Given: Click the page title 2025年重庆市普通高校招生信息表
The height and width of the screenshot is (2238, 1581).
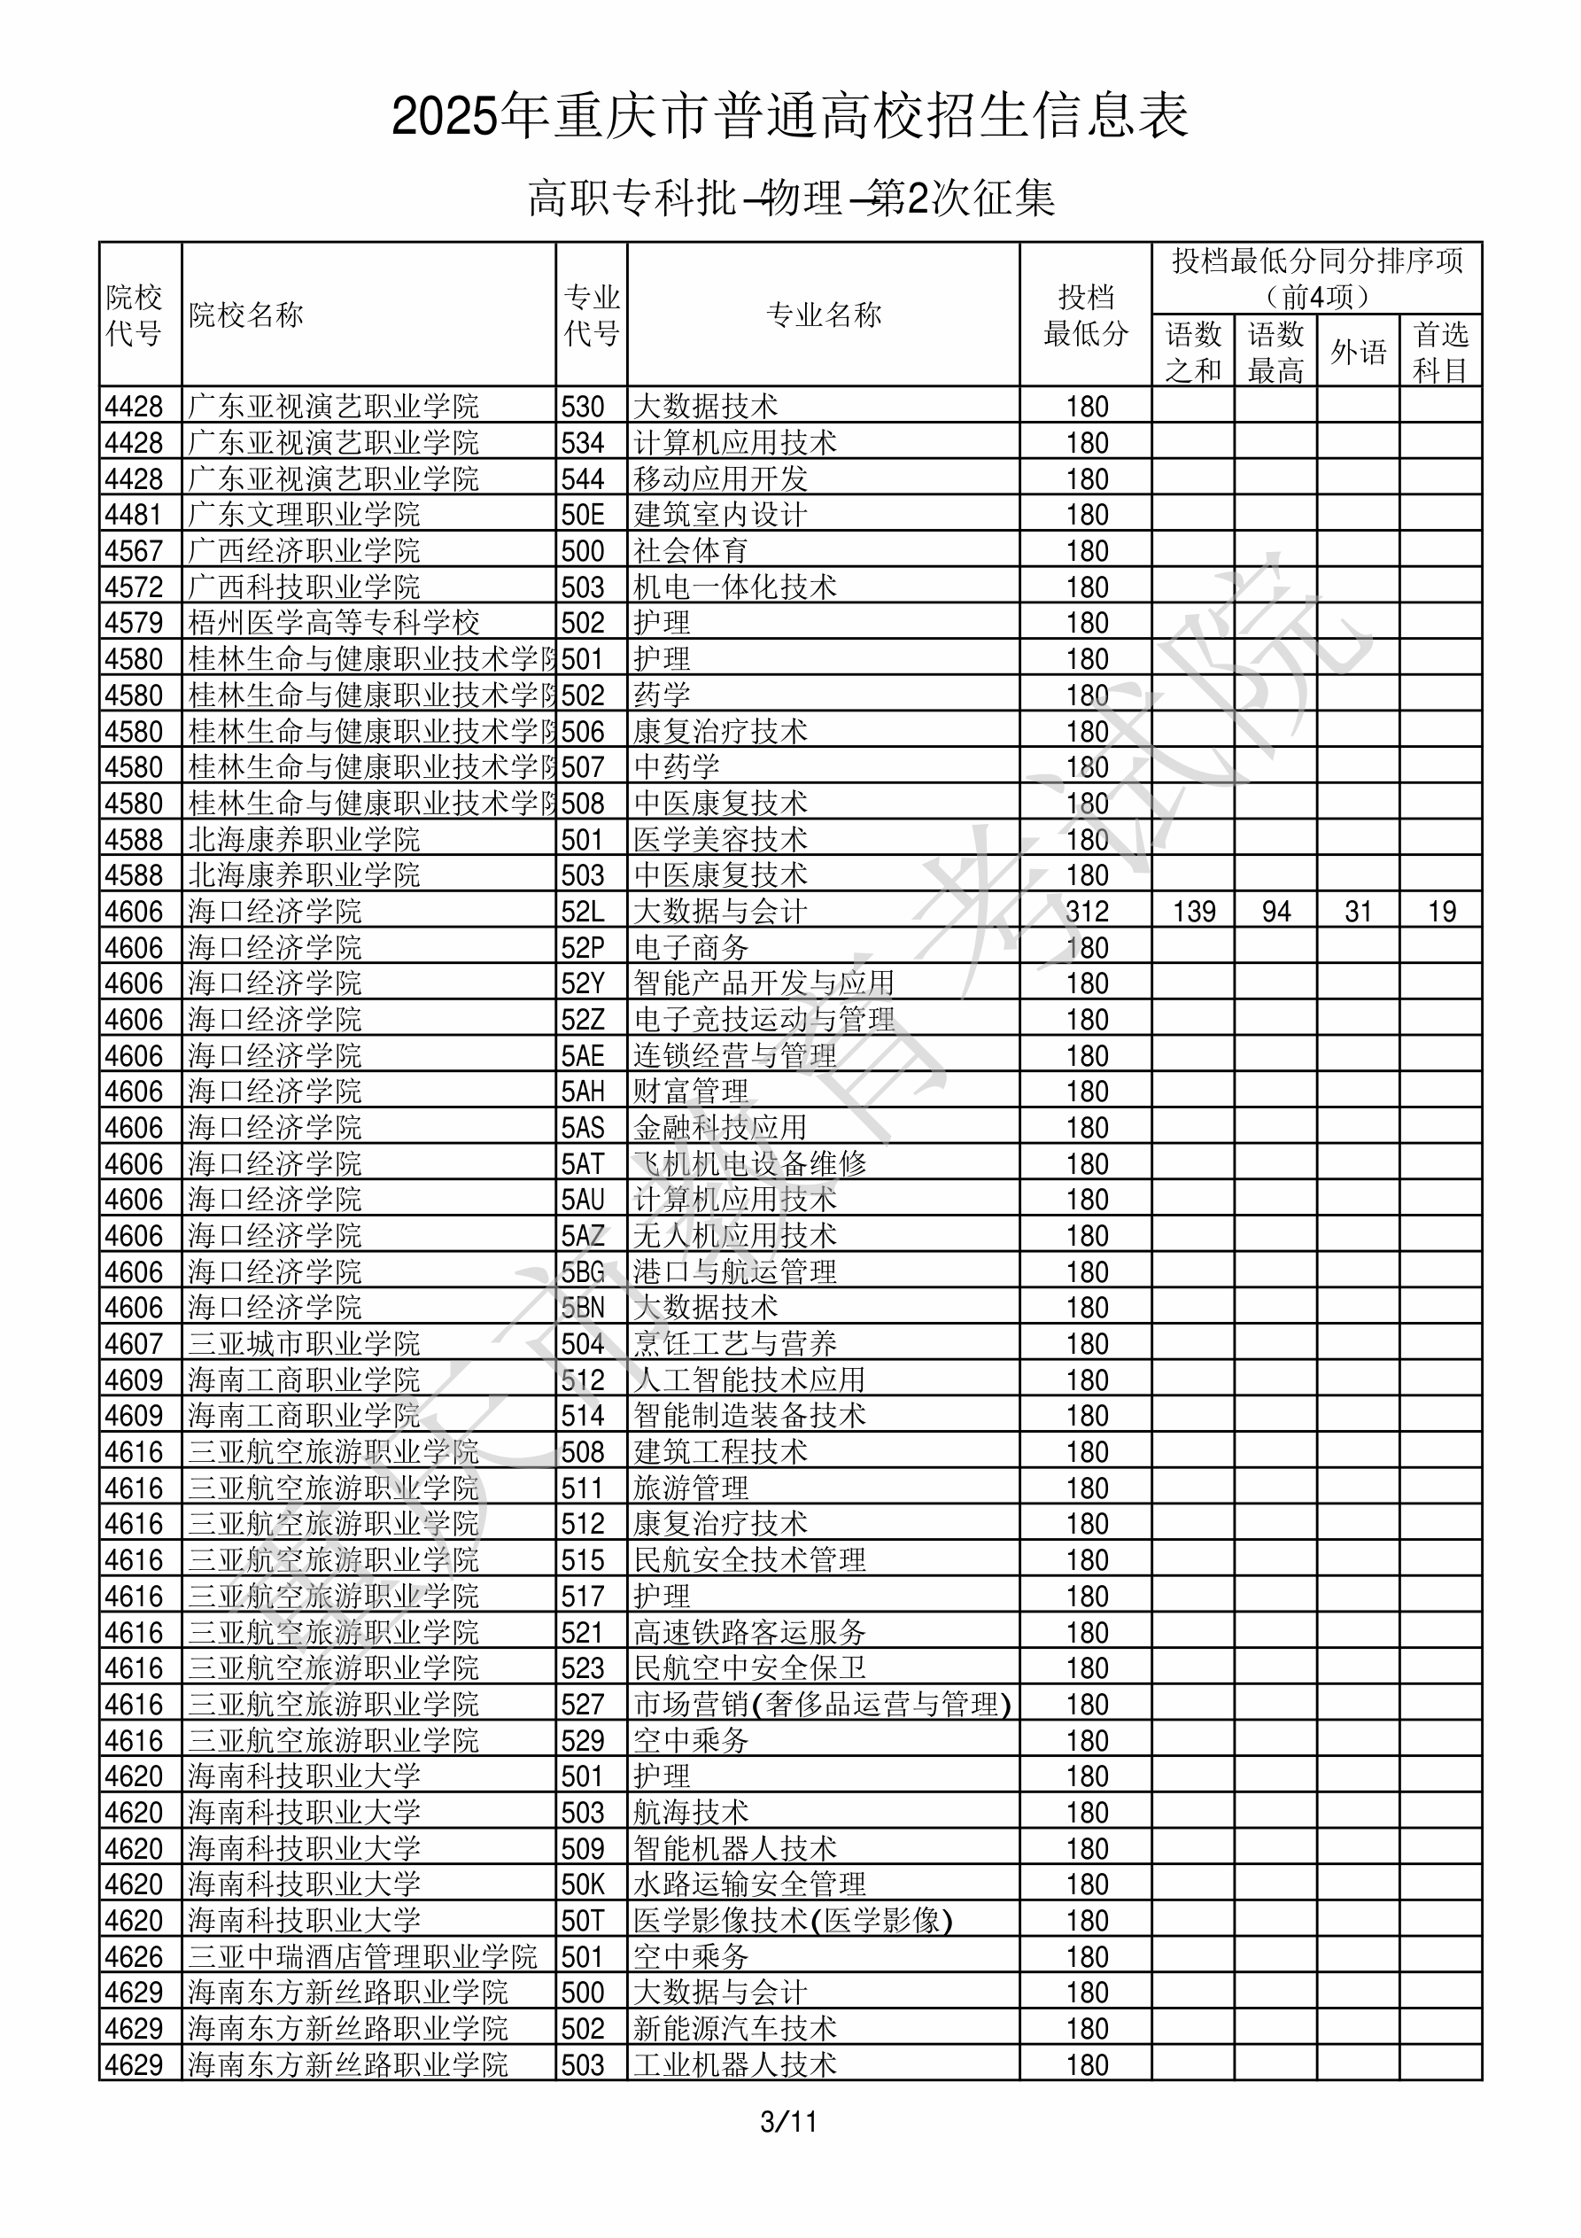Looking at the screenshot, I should [789, 117].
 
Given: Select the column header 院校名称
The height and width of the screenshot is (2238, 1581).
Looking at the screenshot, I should [246, 315].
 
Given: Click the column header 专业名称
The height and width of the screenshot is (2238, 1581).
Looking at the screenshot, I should [824, 315].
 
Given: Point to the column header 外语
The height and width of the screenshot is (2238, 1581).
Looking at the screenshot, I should [1358, 352].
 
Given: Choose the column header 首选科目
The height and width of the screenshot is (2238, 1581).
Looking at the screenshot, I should [1441, 352].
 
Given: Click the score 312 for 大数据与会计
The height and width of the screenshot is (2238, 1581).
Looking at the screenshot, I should [1087, 912].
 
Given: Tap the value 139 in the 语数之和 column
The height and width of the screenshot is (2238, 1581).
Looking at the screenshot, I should [1194, 912].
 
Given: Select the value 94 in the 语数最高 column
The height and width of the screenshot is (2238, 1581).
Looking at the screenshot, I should [1276, 912].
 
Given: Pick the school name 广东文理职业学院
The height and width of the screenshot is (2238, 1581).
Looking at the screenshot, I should [304, 515].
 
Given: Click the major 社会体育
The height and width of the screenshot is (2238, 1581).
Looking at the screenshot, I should [690, 551].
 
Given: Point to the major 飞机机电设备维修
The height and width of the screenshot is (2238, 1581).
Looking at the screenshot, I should [749, 1164].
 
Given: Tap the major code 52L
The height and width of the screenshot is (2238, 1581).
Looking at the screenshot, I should [583, 912].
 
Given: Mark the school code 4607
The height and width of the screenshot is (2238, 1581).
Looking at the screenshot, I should [134, 1344].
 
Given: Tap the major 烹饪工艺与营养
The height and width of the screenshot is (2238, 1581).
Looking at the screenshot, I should [735, 1344].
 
